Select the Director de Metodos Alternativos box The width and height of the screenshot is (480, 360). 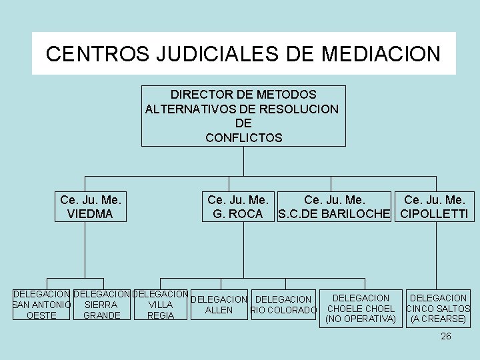pyautogui.click(x=244, y=115)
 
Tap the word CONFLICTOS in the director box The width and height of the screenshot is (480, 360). pyautogui.click(x=244, y=139)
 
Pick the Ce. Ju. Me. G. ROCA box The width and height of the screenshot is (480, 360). pyautogui.click(x=238, y=207)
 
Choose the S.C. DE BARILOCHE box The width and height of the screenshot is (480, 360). pyautogui.click(x=335, y=207)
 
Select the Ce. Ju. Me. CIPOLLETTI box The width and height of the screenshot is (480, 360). pyautogui.click(x=434, y=207)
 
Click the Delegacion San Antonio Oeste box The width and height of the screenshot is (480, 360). pyautogui.click(x=41, y=305)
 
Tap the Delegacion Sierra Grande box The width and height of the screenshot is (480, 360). pyautogui.click(x=102, y=305)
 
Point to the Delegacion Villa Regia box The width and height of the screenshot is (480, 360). pyautogui.click(x=160, y=305)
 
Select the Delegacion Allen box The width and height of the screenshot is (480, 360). pyautogui.click(x=219, y=305)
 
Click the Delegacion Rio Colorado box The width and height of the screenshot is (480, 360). pyautogui.click(x=283, y=305)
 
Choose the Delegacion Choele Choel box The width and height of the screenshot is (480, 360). pyautogui.click(x=361, y=308)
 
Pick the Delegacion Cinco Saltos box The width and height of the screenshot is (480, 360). pyautogui.click(x=438, y=308)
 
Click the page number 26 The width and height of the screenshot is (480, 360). pyautogui.click(x=446, y=337)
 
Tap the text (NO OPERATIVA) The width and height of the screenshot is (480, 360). pyautogui.click(x=361, y=319)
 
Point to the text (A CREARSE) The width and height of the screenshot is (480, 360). pyautogui.click(x=438, y=319)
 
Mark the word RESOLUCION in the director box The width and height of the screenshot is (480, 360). pyautogui.click(x=298, y=109)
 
